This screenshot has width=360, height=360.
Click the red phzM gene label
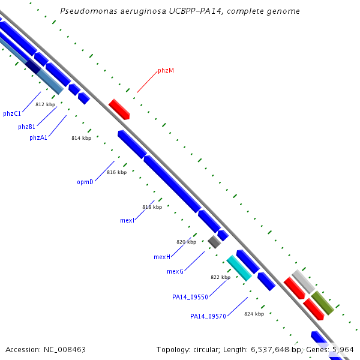pyautogui.click(x=166, y=70)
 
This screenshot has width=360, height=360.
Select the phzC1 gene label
pyautogui.click(x=12, y=113)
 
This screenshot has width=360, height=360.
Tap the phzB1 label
pyautogui.click(x=26, y=127)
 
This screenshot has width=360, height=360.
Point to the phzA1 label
pyautogui.click(x=38, y=137)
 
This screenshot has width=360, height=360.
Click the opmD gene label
pyautogui.click(x=85, y=182)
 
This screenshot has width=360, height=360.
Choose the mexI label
pyautogui.click(x=127, y=220)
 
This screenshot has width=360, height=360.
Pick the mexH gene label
pyautogui.click(x=162, y=257)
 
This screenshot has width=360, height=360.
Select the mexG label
pyautogui.click(x=175, y=271)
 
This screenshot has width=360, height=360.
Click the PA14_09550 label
pyautogui.click(x=190, y=297)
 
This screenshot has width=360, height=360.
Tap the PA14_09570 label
pyautogui.click(x=208, y=316)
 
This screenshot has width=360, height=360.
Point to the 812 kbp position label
pyautogui.click(x=46, y=104)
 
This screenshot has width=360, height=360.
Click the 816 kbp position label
pyautogui.click(x=117, y=172)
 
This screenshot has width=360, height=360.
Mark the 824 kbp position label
pyautogui.click(x=254, y=314)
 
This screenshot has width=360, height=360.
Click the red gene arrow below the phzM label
pyautogui.click(x=119, y=109)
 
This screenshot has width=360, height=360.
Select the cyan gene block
pyautogui.click(x=239, y=268)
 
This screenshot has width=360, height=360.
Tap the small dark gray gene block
pyautogui.click(x=214, y=242)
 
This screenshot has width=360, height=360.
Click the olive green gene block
pyautogui.click(x=323, y=303)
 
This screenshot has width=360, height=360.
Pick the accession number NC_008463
pyautogui.click(x=65, y=350)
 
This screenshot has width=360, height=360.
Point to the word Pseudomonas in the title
pyautogui.click(x=89, y=11)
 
